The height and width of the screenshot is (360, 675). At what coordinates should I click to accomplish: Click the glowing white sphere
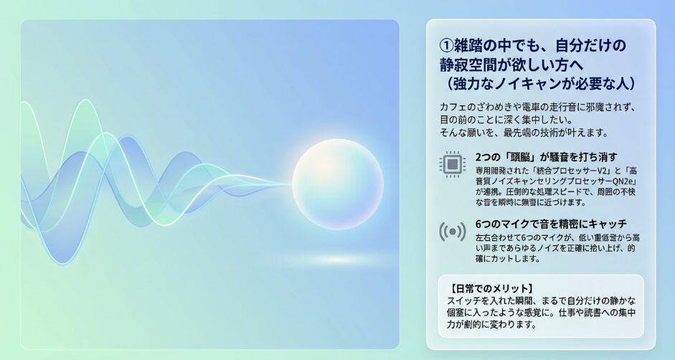pos(338,184)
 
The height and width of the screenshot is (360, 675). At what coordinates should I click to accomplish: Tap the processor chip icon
pos(453,164)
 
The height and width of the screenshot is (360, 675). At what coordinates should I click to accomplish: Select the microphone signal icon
pos(453,232)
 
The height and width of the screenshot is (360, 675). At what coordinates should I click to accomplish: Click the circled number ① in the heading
pos(447,45)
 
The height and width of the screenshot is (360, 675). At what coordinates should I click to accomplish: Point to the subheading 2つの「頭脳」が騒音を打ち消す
pos(547,157)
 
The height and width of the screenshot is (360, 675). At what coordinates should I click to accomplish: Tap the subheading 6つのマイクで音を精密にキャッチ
pos(551,224)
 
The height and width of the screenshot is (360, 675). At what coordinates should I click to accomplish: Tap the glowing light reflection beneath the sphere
pos(338,260)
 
